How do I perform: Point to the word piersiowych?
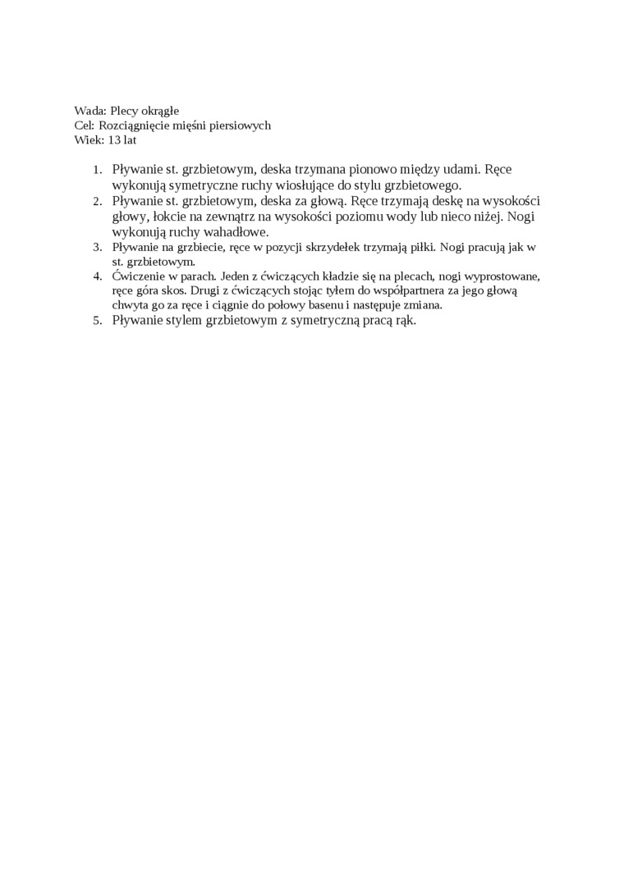tap(239, 126)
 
